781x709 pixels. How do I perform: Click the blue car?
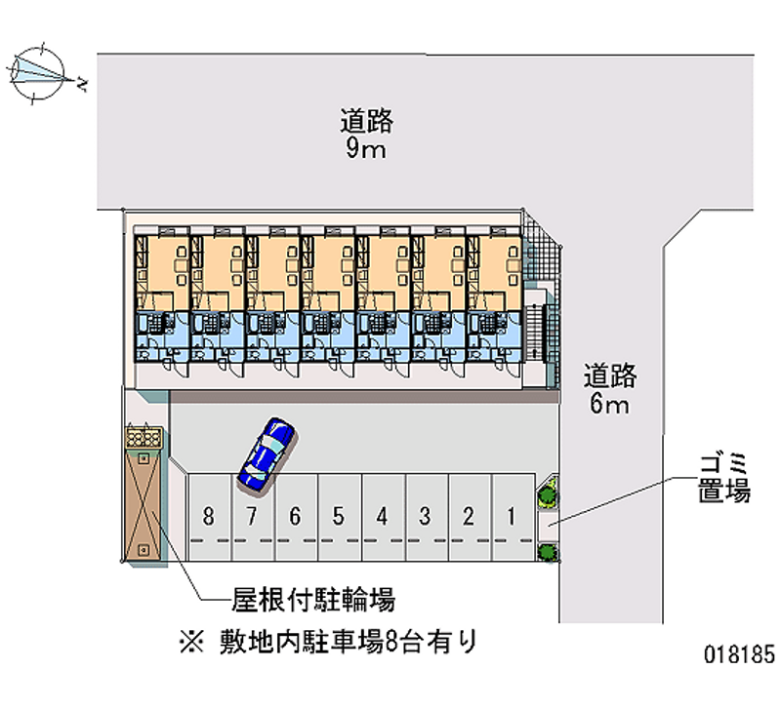pyautogui.click(x=266, y=453)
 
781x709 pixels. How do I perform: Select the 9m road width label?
pyautogui.click(x=366, y=135)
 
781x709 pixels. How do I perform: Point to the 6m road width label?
pyautogui.click(x=610, y=389)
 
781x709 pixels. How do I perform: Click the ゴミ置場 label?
pyautogui.click(x=723, y=477)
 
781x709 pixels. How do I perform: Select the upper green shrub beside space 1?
pyautogui.click(x=547, y=495)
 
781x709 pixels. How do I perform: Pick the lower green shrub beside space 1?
pyautogui.click(x=548, y=553)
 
